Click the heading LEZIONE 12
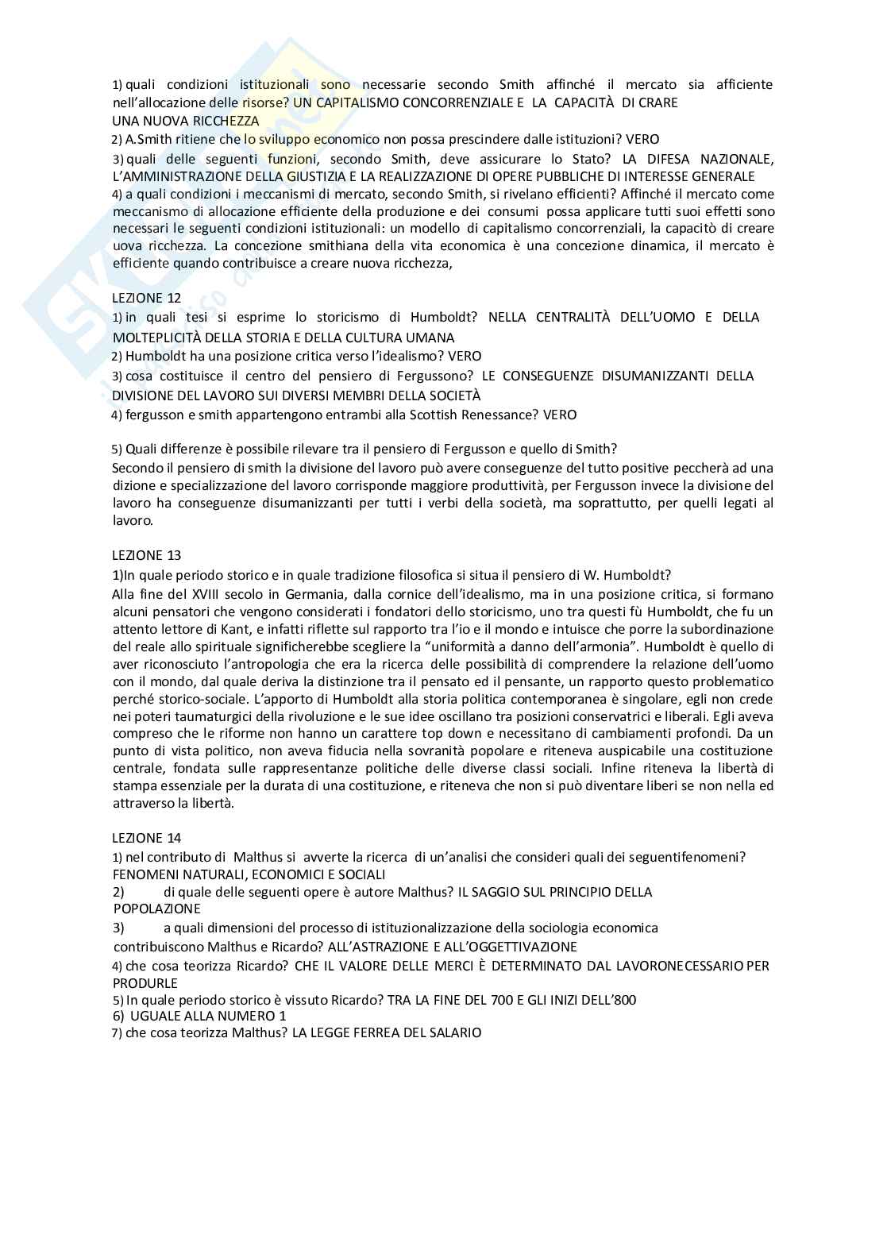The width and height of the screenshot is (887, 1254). point(146,298)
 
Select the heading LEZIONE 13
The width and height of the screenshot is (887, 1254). point(146,555)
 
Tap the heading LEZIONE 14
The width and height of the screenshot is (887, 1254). point(146,837)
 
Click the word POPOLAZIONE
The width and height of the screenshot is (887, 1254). point(157,909)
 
